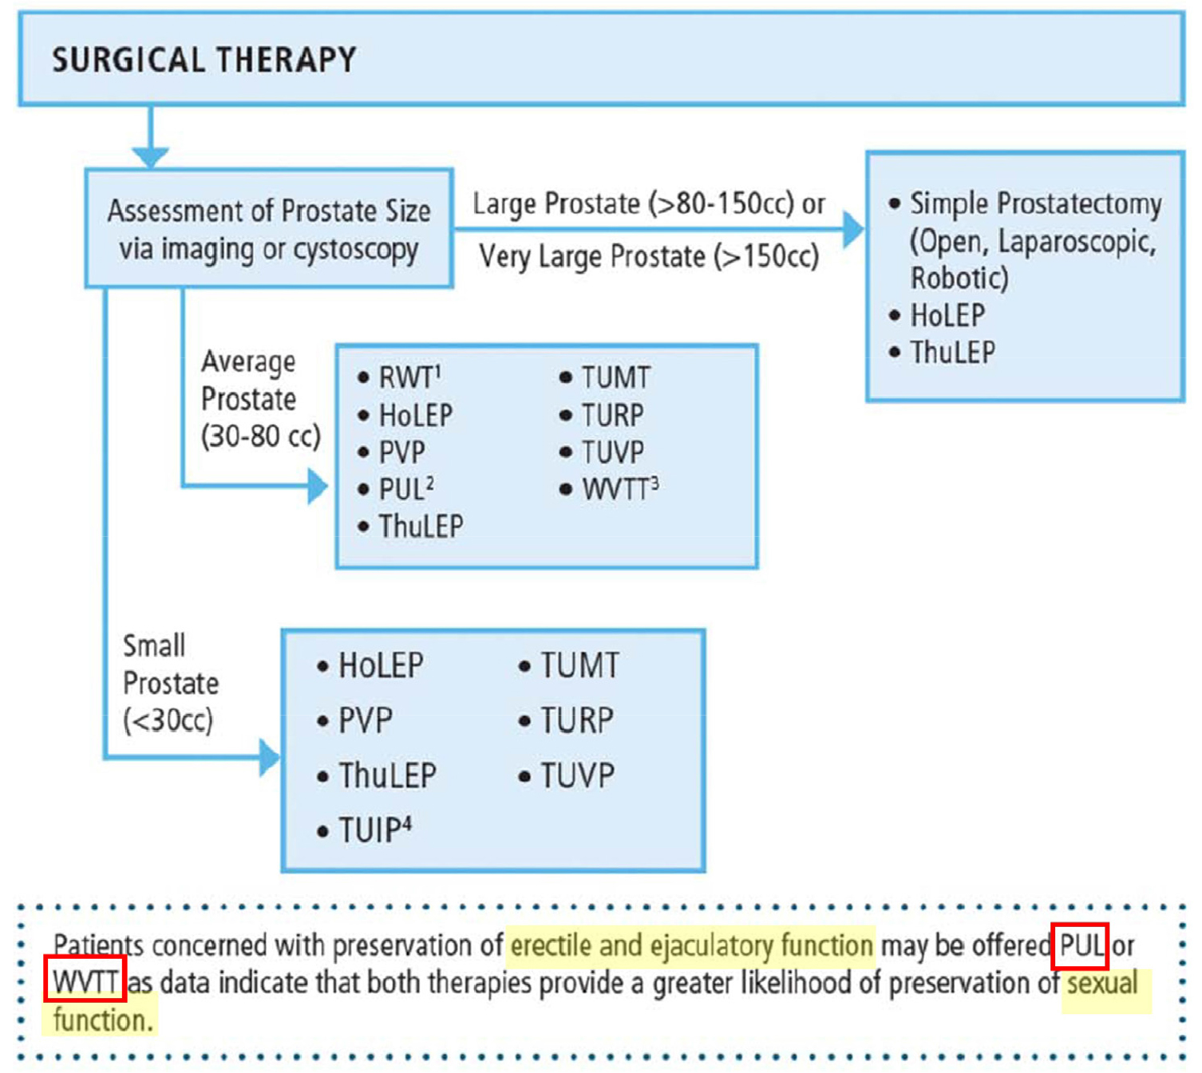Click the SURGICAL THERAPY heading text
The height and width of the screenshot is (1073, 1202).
point(204,60)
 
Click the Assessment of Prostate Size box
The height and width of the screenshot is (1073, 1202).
point(269,229)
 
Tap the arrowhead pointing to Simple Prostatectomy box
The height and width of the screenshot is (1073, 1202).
point(852,229)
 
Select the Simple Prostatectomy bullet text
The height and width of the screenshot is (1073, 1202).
point(1035,204)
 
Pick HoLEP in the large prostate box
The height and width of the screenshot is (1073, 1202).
point(947,316)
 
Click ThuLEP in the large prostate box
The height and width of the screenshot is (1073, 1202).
point(952,353)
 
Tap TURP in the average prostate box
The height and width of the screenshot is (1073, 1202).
point(611,415)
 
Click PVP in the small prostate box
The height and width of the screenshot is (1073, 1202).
point(365,721)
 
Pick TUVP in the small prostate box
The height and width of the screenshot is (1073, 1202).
point(577,775)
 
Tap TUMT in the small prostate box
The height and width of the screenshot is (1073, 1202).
point(579,666)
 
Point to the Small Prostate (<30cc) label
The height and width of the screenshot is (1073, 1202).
point(169,683)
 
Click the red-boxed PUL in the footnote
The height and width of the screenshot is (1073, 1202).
point(1080,946)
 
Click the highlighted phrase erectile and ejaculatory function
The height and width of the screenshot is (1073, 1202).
point(691,946)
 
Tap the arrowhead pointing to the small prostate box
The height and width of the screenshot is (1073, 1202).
point(270,757)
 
